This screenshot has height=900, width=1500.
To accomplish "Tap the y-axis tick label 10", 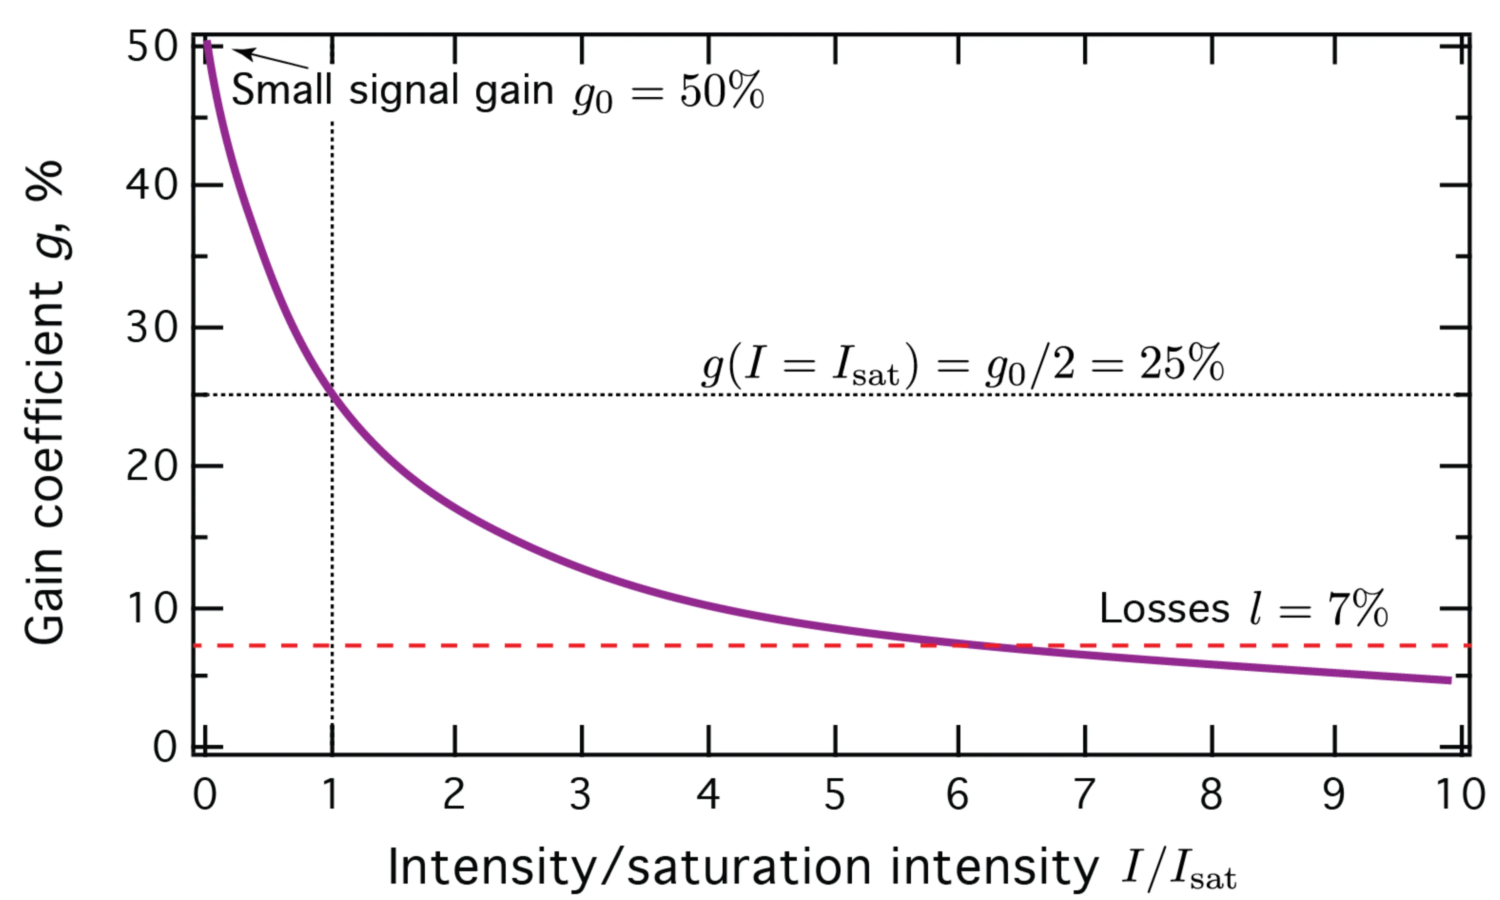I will [152, 608].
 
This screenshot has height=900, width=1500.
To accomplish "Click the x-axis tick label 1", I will [330, 795].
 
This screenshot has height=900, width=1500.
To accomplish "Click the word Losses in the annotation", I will [1165, 608].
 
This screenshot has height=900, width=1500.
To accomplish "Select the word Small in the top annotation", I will [282, 90].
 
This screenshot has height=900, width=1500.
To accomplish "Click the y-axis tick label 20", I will [152, 466].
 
